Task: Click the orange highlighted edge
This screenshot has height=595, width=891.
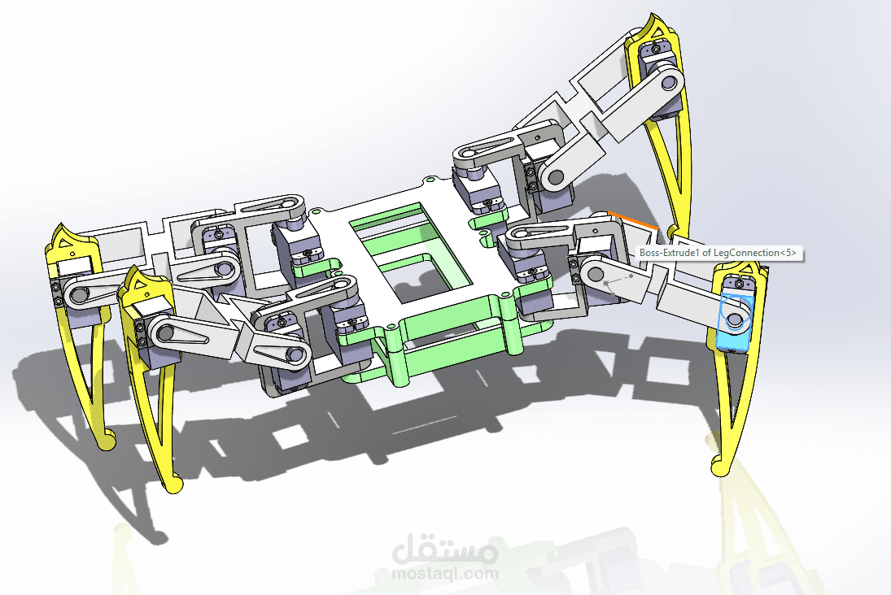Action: tap(633, 221)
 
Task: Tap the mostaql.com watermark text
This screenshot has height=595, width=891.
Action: tap(445, 572)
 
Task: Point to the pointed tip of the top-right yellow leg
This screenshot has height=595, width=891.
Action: tap(651, 18)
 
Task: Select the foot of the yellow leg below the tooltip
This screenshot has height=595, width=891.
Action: tap(719, 467)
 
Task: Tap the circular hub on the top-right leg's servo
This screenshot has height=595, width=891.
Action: tap(669, 82)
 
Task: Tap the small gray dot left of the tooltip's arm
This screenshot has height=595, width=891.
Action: tap(630, 276)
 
